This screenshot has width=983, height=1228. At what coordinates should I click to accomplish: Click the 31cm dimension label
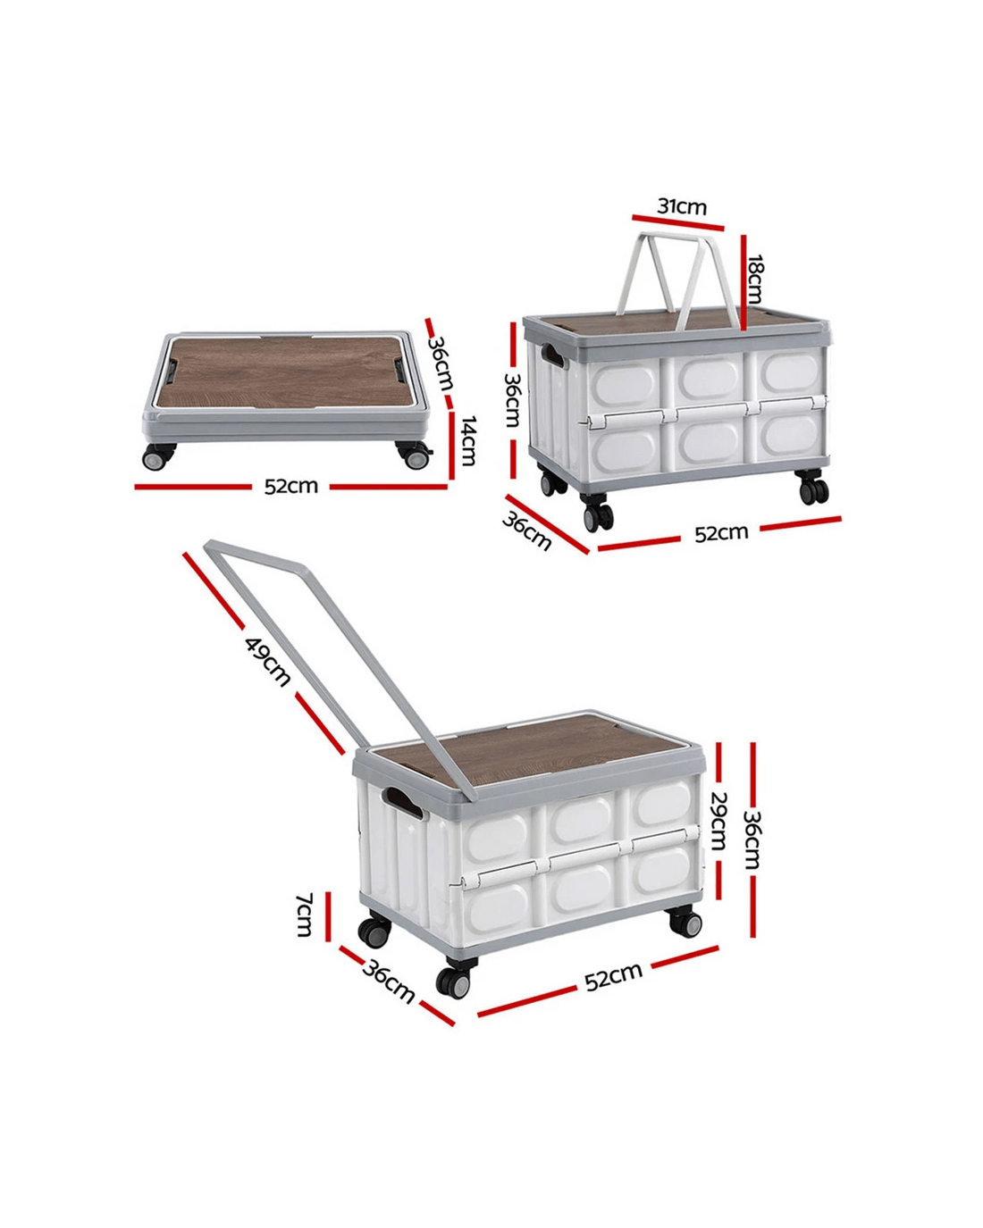click(682, 206)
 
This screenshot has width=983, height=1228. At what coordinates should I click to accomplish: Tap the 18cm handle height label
click(755, 280)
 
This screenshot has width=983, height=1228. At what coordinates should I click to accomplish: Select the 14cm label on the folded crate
click(468, 441)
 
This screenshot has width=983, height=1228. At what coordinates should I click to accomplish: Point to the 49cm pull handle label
click(268, 662)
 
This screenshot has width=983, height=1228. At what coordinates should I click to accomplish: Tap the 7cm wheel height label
click(305, 915)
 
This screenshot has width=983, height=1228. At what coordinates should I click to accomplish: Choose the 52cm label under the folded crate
click(290, 486)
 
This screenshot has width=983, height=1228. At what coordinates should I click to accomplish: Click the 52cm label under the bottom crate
click(613, 977)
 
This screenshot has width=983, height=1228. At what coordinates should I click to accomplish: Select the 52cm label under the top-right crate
click(721, 533)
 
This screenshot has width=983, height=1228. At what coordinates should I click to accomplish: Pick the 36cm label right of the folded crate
click(441, 363)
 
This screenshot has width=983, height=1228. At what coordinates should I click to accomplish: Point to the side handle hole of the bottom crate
click(402, 803)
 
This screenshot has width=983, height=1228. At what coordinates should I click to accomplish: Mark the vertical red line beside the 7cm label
click(329, 916)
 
